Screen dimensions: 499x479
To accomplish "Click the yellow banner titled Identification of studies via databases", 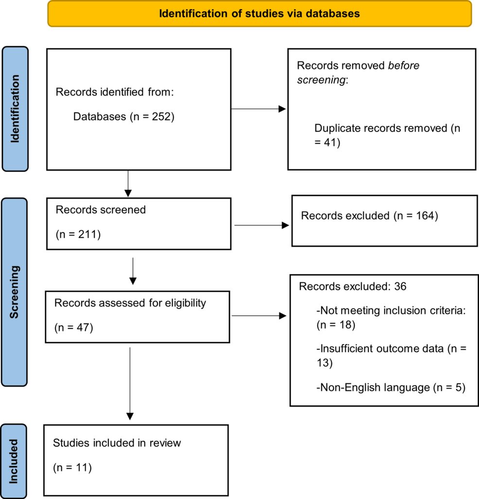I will (x=259, y=14).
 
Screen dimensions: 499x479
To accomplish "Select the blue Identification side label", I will (x=15, y=109).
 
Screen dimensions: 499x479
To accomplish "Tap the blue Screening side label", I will (x=15, y=292).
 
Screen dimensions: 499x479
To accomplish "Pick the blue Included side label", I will (x=15, y=461).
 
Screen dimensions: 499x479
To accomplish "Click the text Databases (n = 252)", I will (x=123, y=117).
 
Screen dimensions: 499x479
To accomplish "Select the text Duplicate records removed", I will (x=380, y=129).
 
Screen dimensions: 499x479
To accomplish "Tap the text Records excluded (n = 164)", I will (x=370, y=215).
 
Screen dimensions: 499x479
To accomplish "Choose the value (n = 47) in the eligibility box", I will (x=74, y=327).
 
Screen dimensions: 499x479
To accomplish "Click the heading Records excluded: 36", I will (x=353, y=287).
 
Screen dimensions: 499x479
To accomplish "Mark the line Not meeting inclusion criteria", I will (x=391, y=311).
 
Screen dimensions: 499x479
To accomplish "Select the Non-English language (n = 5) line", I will (x=391, y=387).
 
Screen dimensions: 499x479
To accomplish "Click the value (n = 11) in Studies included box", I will (x=72, y=468).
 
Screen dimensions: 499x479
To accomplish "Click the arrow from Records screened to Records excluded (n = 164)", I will (x=261, y=225).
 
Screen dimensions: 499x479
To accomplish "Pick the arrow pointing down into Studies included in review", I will (x=130, y=383).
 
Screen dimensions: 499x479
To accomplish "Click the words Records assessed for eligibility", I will (x=130, y=303).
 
